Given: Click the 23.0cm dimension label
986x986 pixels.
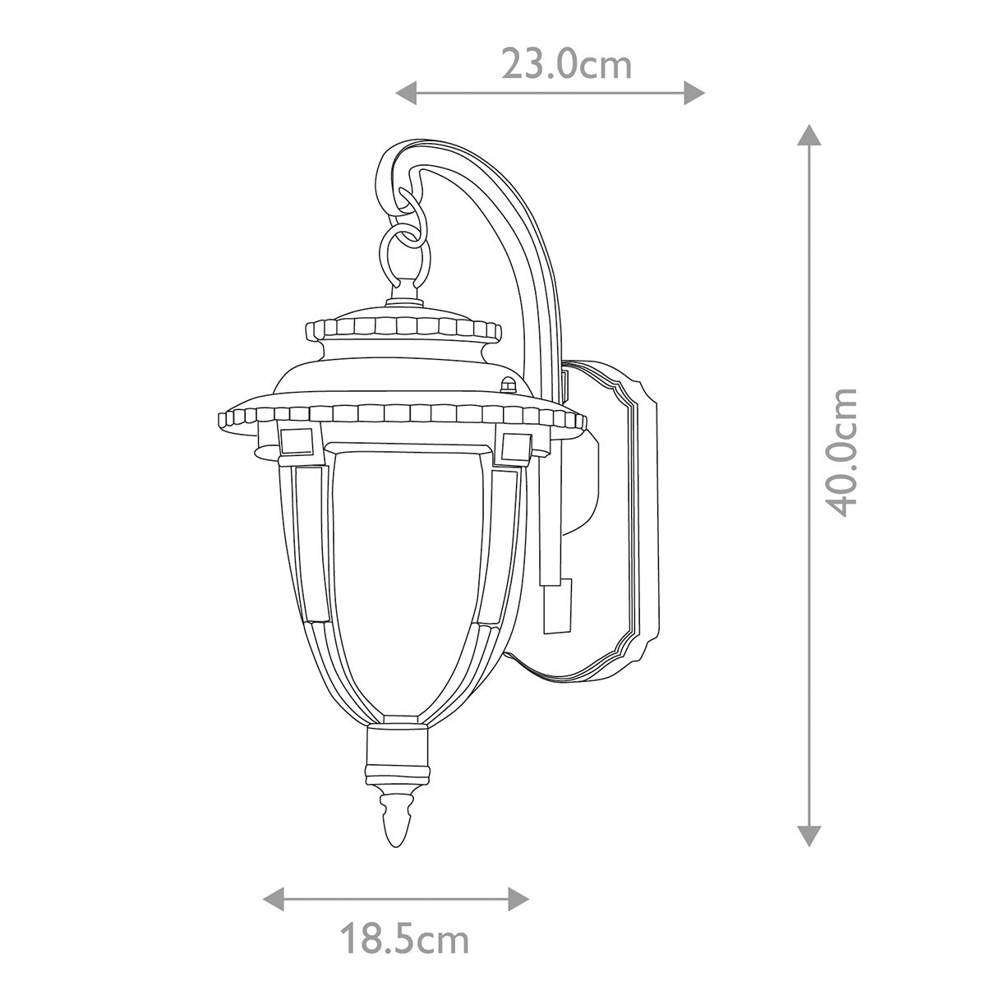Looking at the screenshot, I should (567, 65).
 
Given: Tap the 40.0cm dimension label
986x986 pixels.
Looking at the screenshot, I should (842, 451).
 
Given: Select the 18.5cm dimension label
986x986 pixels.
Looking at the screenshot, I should (404, 938).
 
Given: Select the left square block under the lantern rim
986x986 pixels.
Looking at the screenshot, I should (297, 441).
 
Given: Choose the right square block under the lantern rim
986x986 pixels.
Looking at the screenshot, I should (515, 446).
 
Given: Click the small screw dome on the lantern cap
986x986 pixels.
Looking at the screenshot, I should (508, 384).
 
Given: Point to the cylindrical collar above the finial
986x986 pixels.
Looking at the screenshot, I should (397, 752).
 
